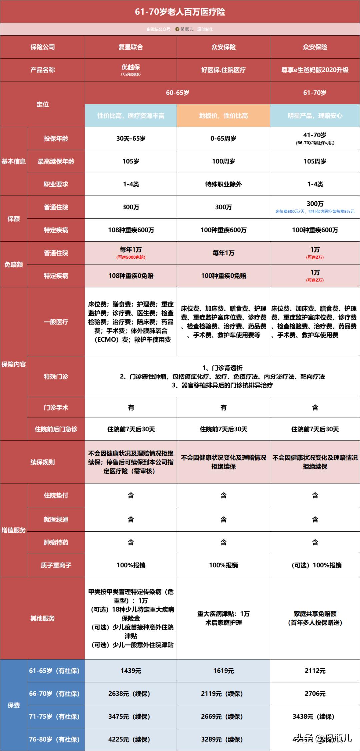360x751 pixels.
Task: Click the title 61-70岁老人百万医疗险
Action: coord(180,12)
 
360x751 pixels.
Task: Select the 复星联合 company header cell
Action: coord(131,47)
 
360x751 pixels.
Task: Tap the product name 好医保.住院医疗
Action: coord(223,70)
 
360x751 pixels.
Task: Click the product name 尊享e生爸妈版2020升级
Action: coord(315,70)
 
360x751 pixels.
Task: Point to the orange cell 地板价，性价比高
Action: coord(223,116)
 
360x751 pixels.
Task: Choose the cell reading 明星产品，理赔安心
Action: coord(315,116)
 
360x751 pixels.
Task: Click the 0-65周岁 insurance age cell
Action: coord(223,138)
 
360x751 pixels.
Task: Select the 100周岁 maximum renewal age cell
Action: coord(223,161)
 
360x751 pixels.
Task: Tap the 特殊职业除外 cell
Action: coord(223,184)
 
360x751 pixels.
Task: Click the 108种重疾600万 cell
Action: coord(131,230)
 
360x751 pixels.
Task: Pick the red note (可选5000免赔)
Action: coord(131,257)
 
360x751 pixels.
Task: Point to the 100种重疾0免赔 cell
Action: coord(223,276)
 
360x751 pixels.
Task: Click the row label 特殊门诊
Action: coord(56,376)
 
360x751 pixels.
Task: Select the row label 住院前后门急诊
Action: coord(56,429)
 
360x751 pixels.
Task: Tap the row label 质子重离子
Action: coord(56,565)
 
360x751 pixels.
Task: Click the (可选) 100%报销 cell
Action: coord(315,565)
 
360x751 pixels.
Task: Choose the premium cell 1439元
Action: coord(131,671)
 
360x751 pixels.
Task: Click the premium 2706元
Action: coord(315,694)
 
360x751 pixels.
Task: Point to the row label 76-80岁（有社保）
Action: coord(54,739)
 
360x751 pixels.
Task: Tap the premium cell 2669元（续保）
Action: coord(223,717)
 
